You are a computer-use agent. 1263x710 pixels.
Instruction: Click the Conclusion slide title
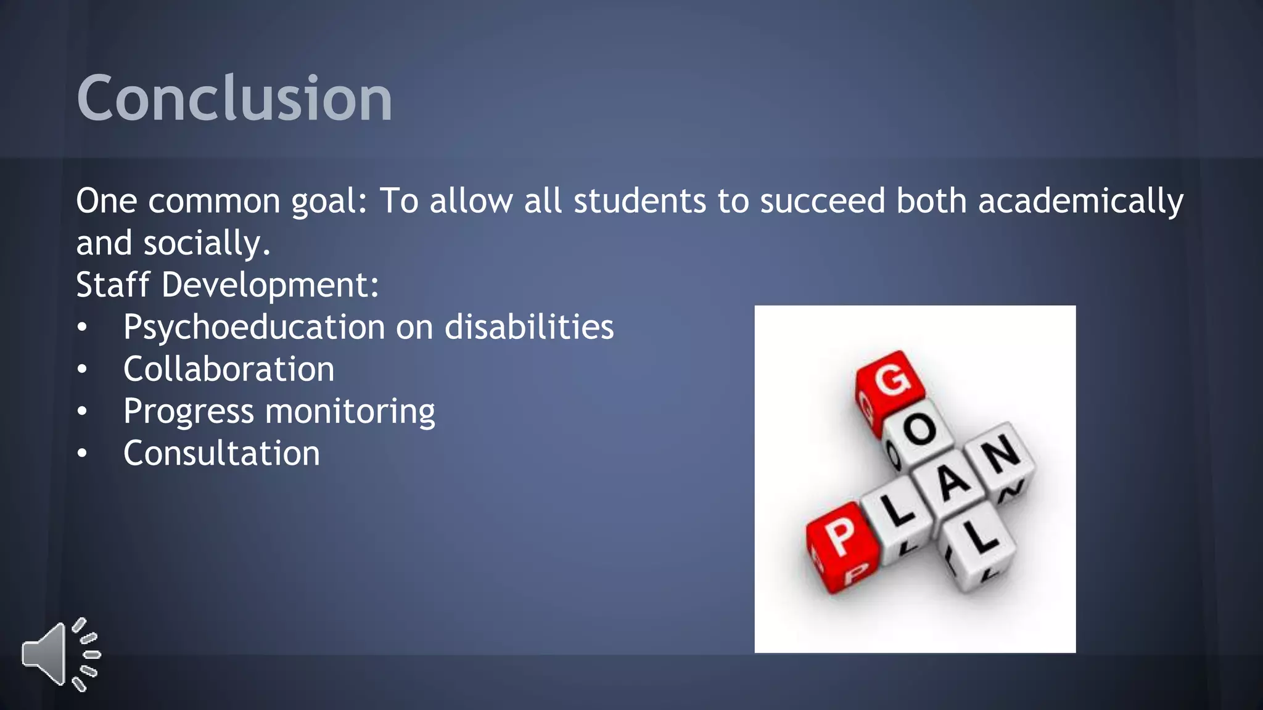(x=234, y=99)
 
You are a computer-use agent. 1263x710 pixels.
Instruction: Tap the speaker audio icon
(x=60, y=655)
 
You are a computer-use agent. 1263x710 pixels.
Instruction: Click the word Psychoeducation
(x=254, y=327)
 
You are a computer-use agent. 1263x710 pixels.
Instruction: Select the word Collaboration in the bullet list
(x=229, y=369)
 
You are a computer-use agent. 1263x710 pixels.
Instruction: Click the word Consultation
(x=221, y=454)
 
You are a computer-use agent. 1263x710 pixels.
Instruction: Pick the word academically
(x=1080, y=202)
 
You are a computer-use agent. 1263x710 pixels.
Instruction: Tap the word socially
(x=207, y=243)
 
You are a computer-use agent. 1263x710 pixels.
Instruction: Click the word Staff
(x=113, y=285)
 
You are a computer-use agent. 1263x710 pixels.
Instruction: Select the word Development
(x=270, y=285)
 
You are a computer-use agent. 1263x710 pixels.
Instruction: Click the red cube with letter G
(x=891, y=382)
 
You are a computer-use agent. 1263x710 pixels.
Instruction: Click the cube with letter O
(x=921, y=431)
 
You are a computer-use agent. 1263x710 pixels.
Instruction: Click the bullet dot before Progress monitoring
(x=82, y=411)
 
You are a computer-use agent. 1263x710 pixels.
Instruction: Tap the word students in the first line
(x=640, y=202)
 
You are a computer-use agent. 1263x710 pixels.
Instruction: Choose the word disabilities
(x=529, y=327)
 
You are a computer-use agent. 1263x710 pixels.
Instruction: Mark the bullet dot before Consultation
(x=82, y=454)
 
